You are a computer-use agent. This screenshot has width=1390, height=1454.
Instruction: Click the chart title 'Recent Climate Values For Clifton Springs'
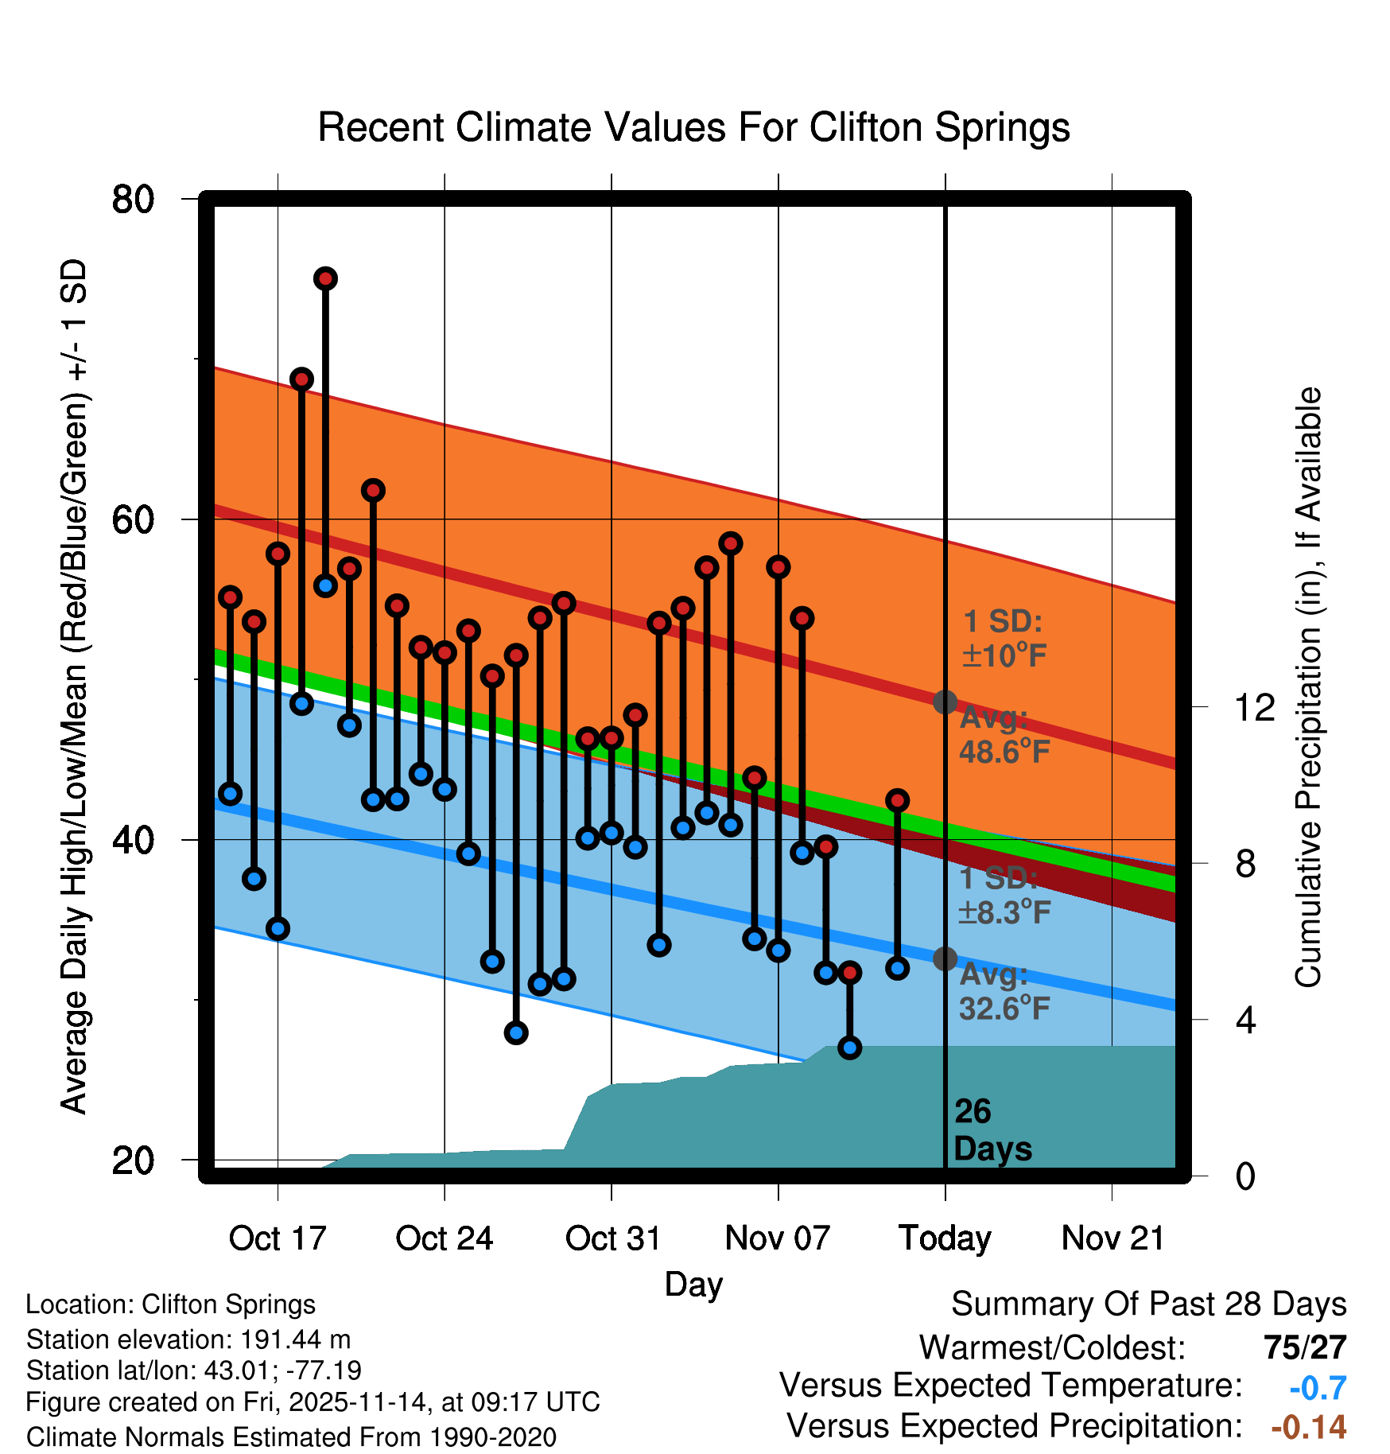tap(693, 127)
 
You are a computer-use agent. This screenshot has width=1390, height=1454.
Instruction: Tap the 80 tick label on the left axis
tap(133, 199)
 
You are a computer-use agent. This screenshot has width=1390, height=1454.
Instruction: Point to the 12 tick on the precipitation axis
tap(1254, 707)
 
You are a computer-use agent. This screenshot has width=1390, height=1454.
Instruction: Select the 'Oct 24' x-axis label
tap(444, 1238)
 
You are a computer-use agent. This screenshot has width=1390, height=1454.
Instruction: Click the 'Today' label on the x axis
tap(945, 1238)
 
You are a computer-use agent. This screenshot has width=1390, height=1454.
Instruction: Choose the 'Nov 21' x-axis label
tap(1112, 1238)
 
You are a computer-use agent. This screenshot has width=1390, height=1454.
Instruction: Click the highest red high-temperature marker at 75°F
tap(325, 278)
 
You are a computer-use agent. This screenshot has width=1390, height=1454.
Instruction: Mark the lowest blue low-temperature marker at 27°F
tap(516, 1033)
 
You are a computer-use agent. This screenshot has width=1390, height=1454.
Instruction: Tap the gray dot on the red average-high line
tap(945, 702)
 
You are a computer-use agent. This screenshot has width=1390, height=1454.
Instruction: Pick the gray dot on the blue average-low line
tap(945, 959)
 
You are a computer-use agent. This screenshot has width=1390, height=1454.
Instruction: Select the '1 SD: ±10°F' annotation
tap(1004, 639)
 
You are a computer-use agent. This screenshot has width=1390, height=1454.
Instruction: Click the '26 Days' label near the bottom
tap(992, 1130)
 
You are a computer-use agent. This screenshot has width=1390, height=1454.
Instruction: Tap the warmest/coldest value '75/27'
tap(1305, 1347)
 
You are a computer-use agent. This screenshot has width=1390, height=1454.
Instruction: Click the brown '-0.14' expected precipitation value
tap(1308, 1427)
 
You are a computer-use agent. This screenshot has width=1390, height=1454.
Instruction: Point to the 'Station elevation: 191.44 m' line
tap(188, 1339)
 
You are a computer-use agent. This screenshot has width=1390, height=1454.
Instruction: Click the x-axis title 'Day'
tap(693, 1284)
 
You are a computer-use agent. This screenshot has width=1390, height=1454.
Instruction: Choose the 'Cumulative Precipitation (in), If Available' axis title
tap(1308, 687)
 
